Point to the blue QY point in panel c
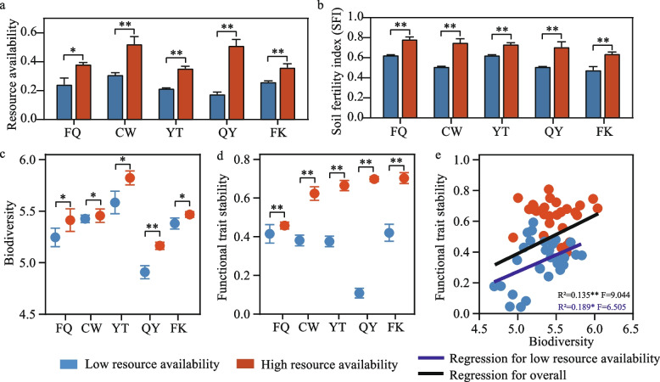coord(169,272)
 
